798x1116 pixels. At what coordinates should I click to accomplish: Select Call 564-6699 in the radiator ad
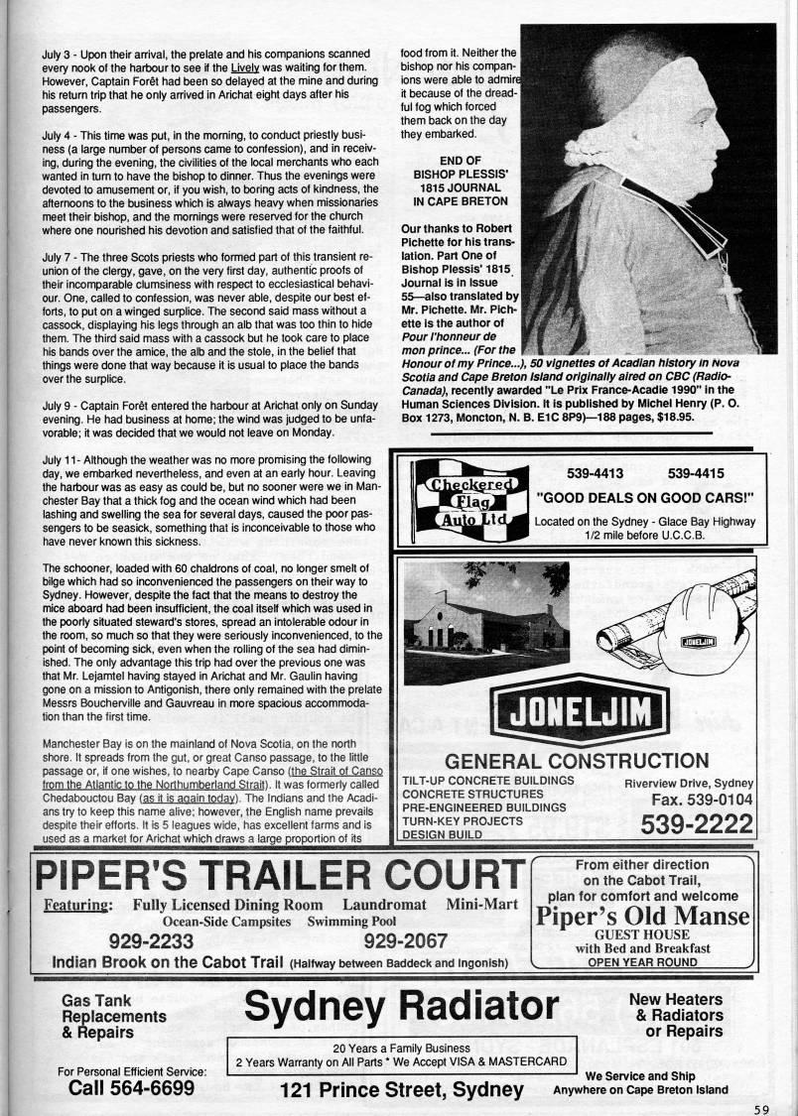point(131,1088)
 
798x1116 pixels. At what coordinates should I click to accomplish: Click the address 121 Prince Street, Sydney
point(402,1089)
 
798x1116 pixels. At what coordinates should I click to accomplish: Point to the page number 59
point(760,1109)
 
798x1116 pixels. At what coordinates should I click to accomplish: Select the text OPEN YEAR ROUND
point(641,961)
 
